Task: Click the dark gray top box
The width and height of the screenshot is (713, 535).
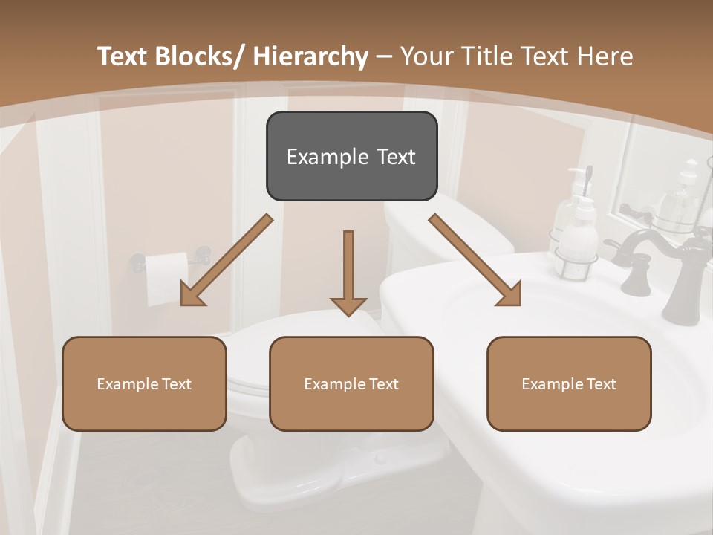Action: tap(351, 156)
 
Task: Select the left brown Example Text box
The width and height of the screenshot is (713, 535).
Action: tap(144, 383)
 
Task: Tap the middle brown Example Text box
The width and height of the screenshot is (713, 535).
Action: tap(351, 383)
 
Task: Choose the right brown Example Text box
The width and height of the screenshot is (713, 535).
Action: tap(569, 383)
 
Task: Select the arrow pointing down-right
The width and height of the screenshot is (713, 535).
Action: tap(475, 260)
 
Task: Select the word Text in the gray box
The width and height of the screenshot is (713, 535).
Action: tap(395, 157)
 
